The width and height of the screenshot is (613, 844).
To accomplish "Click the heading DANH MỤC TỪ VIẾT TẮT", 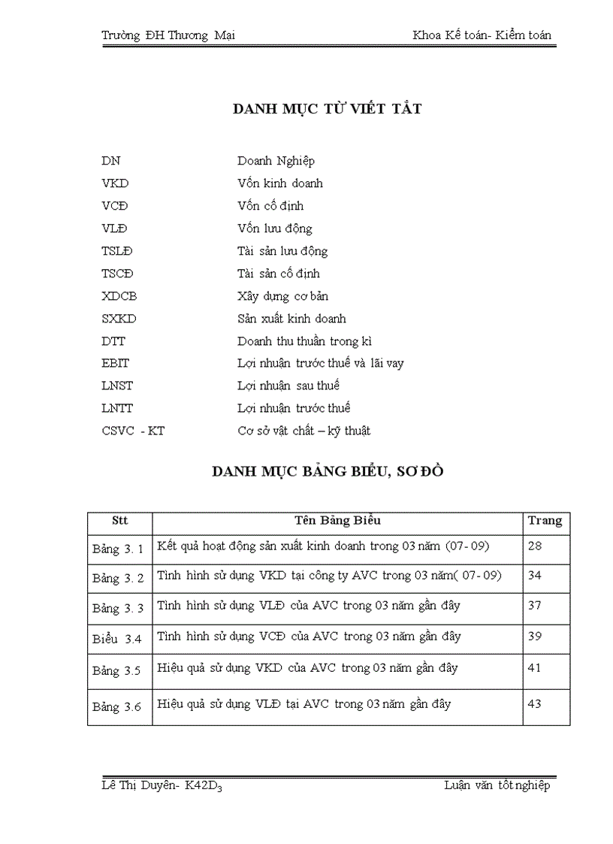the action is click(x=327, y=109).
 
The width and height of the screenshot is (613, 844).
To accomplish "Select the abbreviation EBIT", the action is click(x=116, y=364).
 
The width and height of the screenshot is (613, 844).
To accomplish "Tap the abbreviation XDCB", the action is click(x=119, y=296).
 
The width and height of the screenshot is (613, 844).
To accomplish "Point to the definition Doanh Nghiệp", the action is click(x=276, y=161).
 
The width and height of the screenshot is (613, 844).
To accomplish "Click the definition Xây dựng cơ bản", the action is click(x=282, y=296).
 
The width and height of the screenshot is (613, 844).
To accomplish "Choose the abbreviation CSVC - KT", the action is click(x=133, y=431).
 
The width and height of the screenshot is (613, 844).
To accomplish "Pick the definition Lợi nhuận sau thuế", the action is click(x=288, y=386).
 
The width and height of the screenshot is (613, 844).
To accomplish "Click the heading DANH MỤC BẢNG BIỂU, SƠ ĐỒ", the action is click(x=328, y=472).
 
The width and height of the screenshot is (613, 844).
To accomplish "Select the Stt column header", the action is click(x=119, y=520).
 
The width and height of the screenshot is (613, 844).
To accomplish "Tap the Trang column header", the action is click(x=545, y=521).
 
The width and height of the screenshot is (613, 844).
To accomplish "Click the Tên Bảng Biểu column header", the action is click(x=337, y=520).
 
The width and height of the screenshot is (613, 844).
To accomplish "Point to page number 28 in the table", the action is click(x=535, y=546).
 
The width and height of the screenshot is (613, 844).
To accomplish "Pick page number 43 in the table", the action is click(x=535, y=704).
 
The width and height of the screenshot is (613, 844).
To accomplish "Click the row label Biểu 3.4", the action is click(x=117, y=639).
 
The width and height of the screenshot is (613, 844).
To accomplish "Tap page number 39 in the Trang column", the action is click(x=535, y=636).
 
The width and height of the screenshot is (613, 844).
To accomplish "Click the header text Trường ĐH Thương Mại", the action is click(x=168, y=35).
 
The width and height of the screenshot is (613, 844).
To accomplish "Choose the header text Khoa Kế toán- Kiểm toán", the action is click(x=482, y=35).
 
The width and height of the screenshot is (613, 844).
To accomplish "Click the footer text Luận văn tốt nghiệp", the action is click(x=497, y=785).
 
